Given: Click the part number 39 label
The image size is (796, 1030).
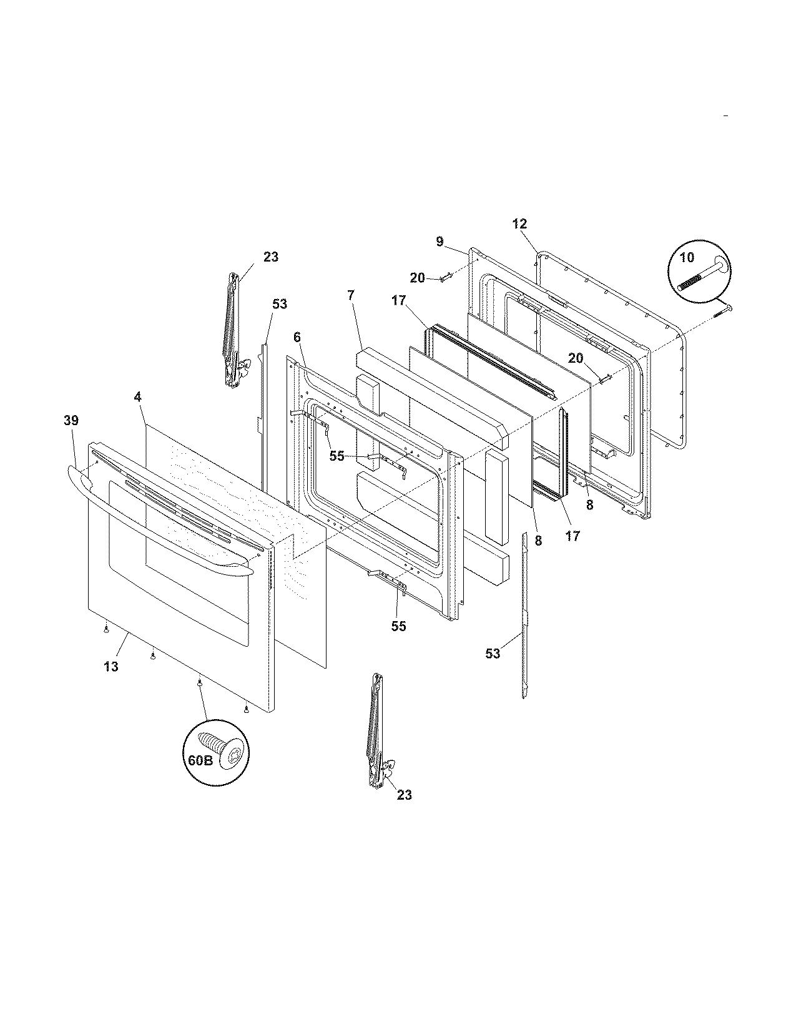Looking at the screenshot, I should (x=71, y=421).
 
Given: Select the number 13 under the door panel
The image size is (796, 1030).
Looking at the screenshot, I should (x=111, y=667).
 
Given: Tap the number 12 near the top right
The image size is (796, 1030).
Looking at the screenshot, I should (x=520, y=223).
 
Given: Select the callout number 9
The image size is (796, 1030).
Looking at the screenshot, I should (x=440, y=242).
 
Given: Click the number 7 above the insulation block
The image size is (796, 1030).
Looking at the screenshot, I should (x=351, y=295).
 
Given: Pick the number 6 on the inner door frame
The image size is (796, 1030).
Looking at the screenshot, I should (x=297, y=337).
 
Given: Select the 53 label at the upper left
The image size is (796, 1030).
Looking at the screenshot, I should (x=280, y=304).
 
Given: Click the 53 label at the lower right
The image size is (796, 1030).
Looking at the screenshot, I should (x=493, y=654).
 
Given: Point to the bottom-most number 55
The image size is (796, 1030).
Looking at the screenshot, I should (x=398, y=625).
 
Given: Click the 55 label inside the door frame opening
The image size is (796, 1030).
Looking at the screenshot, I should (x=337, y=456).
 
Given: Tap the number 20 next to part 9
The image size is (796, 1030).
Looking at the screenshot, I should (x=418, y=278).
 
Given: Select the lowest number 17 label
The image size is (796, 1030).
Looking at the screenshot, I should (x=572, y=535).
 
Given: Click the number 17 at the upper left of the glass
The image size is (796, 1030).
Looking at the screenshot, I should (x=400, y=300).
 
